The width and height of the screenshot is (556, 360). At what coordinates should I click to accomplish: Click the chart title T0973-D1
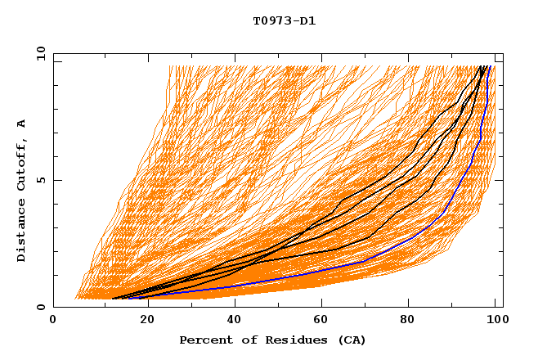tap(284, 20)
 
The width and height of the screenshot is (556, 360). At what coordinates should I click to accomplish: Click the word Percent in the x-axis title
tap(204, 340)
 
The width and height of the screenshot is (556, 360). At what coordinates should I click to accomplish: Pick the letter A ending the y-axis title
tap(21, 123)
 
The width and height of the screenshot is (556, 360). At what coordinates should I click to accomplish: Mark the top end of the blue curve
tap(487, 66)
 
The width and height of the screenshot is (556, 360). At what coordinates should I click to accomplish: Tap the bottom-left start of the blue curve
tap(128, 297)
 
